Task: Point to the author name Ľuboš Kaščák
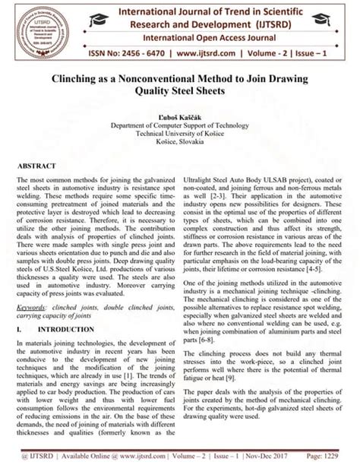pos(180,115)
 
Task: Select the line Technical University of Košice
pos(180,133)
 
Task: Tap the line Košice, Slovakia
pos(180,142)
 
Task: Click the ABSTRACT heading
pos(38,166)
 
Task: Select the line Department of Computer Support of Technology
pos(180,124)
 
